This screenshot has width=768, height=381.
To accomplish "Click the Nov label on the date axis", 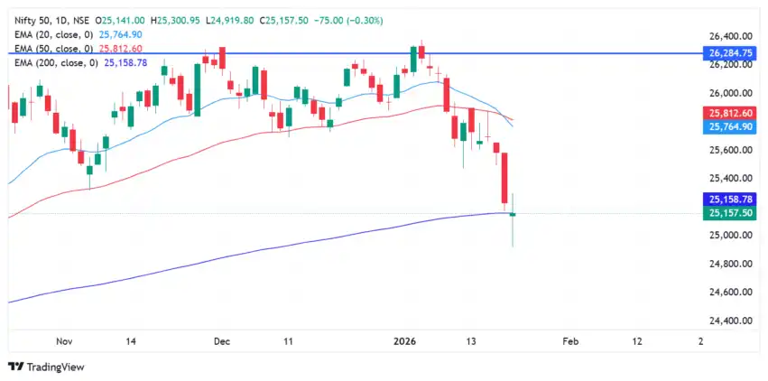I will coord(62,341).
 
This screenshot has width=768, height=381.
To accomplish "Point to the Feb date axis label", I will coord(569,341).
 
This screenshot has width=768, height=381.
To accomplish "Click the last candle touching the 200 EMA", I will coord(513,214).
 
